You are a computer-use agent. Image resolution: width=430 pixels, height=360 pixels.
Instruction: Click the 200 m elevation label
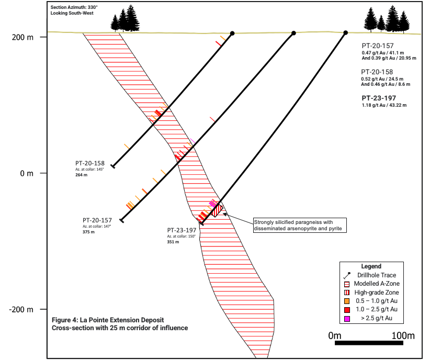tap(22, 37)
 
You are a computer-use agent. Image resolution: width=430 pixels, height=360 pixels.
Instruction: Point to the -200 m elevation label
tap(21, 310)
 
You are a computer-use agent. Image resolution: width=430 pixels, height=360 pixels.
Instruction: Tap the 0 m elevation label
tap(27, 173)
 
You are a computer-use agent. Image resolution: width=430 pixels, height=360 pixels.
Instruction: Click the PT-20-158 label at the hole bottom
tap(90, 163)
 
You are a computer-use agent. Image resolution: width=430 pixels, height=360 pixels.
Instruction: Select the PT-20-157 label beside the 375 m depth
tap(97, 220)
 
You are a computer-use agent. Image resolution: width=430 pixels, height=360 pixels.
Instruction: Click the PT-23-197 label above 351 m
tap(182, 230)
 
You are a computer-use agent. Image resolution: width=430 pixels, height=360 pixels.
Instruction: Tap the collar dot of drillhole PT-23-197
tap(346, 33)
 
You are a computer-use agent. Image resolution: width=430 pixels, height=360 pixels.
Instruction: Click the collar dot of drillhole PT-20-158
tap(232, 33)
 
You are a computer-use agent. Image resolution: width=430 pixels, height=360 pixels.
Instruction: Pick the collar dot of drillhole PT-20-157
tap(293, 33)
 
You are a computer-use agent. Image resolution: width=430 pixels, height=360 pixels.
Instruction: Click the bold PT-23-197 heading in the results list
tap(379, 98)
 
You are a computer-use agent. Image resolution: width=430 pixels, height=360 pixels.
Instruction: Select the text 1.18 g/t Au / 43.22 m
tap(384, 105)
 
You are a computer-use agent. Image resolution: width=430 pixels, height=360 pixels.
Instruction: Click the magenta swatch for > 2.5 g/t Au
tap(347, 319)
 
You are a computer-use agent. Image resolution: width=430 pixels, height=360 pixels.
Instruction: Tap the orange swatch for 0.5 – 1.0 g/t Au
tap(347, 301)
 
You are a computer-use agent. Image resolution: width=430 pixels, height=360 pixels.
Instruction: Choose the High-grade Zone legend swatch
tap(347, 292)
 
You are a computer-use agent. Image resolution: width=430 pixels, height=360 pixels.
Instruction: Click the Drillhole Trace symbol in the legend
tap(347, 275)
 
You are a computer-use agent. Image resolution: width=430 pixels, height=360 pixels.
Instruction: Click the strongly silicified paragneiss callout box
tap(300, 226)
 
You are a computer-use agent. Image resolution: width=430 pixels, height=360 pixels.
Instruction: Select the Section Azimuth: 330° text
tap(74, 7)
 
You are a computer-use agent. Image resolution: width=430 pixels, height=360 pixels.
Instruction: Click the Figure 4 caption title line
tap(108, 320)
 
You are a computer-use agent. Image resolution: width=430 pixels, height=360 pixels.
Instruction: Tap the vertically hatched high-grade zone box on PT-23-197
tap(218, 210)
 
